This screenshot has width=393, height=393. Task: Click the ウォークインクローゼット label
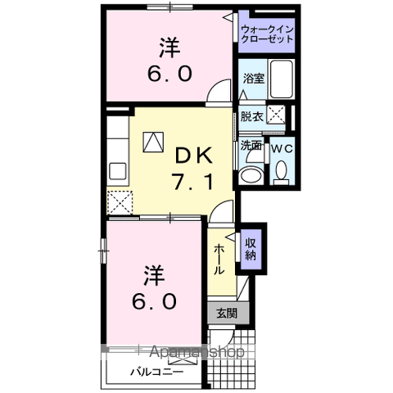(267, 34)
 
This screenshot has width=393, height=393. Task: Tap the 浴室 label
(254, 79)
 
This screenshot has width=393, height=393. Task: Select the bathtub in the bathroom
(281, 79)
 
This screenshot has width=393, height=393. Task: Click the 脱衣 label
(251, 117)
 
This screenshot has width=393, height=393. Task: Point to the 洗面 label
(251, 146)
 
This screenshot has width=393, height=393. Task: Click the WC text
(282, 149)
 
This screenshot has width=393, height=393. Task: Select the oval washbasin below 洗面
(251, 174)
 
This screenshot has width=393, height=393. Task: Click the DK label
(193, 156)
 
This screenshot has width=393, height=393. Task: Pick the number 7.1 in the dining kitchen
(192, 183)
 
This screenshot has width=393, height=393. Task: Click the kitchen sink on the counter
(118, 171)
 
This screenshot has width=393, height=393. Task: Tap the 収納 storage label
(251, 249)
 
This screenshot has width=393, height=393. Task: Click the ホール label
(219, 260)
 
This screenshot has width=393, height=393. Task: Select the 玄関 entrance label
(227, 314)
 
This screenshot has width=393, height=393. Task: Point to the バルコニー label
(156, 372)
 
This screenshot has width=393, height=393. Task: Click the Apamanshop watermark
(196, 351)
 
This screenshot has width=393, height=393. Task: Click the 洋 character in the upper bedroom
(169, 47)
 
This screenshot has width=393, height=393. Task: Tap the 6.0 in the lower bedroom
(154, 301)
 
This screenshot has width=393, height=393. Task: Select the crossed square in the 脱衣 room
(276, 114)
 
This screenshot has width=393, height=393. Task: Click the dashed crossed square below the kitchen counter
(120, 202)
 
